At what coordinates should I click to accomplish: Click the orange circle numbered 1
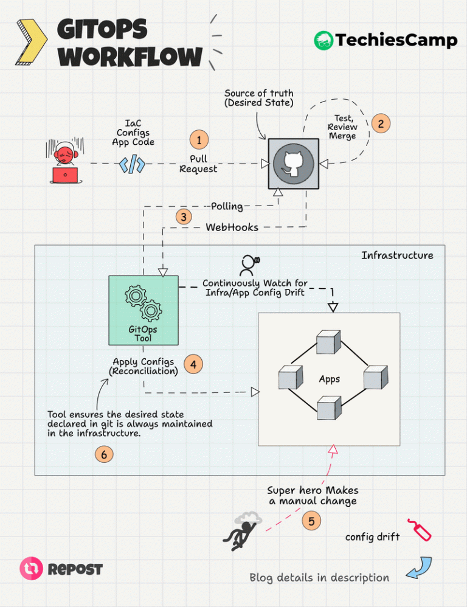[199, 140]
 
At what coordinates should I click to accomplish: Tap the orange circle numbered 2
[381, 123]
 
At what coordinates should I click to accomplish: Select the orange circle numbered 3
[184, 217]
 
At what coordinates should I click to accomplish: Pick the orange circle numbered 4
[193, 364]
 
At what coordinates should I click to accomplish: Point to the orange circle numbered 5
[311, 521]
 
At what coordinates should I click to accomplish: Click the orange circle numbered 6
[104, 454]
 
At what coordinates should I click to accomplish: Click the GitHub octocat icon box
[294, 164]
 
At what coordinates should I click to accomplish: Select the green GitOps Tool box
[144, 310]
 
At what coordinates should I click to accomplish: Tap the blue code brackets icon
[133, 164]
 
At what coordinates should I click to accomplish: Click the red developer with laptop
[64, 161]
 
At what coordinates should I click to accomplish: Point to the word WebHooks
[232, 227]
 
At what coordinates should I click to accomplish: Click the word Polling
[227, 206]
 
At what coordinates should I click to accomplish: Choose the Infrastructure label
[397, 255]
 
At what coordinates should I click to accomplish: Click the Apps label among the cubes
[329, 379]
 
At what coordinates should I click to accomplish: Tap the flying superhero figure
[241, 531]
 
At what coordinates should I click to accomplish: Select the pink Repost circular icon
[32, 568]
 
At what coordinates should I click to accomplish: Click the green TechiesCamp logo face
[323, 41]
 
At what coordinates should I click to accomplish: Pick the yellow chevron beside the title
[32, 42]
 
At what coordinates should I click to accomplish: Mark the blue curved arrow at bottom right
[420, 568]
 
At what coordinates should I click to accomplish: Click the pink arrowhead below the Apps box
[333, 449]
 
